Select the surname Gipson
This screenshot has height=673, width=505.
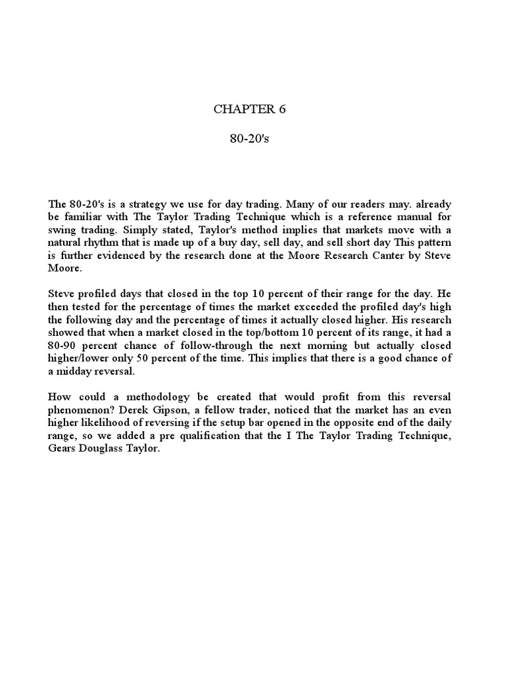189,410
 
